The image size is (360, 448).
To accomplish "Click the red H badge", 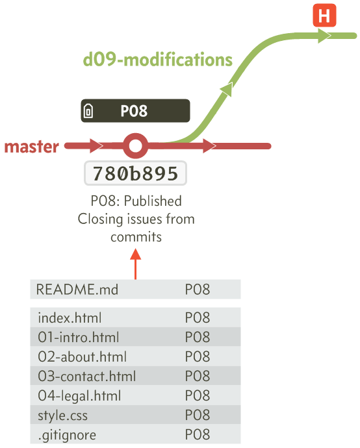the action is tap(324, 16).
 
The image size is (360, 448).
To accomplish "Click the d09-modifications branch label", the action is tap(157, 60).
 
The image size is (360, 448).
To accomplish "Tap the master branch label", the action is tap(31, 147).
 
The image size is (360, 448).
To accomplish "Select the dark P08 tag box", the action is tap(136, 110).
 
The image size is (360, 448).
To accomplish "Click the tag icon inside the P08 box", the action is tap(88, 111).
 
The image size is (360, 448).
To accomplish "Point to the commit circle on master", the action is tap(136, 146).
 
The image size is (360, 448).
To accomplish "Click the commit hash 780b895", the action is tap(136, 173).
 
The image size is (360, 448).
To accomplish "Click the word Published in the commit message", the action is tap(153, 201).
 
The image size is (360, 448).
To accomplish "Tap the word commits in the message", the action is tap(136, 237).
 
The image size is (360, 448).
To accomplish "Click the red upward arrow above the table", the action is tap(136, 264).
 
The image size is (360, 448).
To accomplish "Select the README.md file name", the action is tap(77, 290).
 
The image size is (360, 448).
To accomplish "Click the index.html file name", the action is tap(70, 317).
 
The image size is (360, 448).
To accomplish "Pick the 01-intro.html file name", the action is tap(79, 337).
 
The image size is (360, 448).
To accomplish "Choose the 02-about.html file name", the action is tap(82, 356).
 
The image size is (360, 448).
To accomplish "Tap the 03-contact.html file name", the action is tap(87, 376).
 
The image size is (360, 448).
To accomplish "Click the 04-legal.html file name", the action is tap(79, 396).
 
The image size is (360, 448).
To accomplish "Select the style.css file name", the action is tap(62, 416).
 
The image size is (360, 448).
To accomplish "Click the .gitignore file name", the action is tap(67, 435).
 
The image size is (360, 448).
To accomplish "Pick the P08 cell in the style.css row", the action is tap(198, 415).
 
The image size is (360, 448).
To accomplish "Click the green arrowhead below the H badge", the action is tap(324, 36).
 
